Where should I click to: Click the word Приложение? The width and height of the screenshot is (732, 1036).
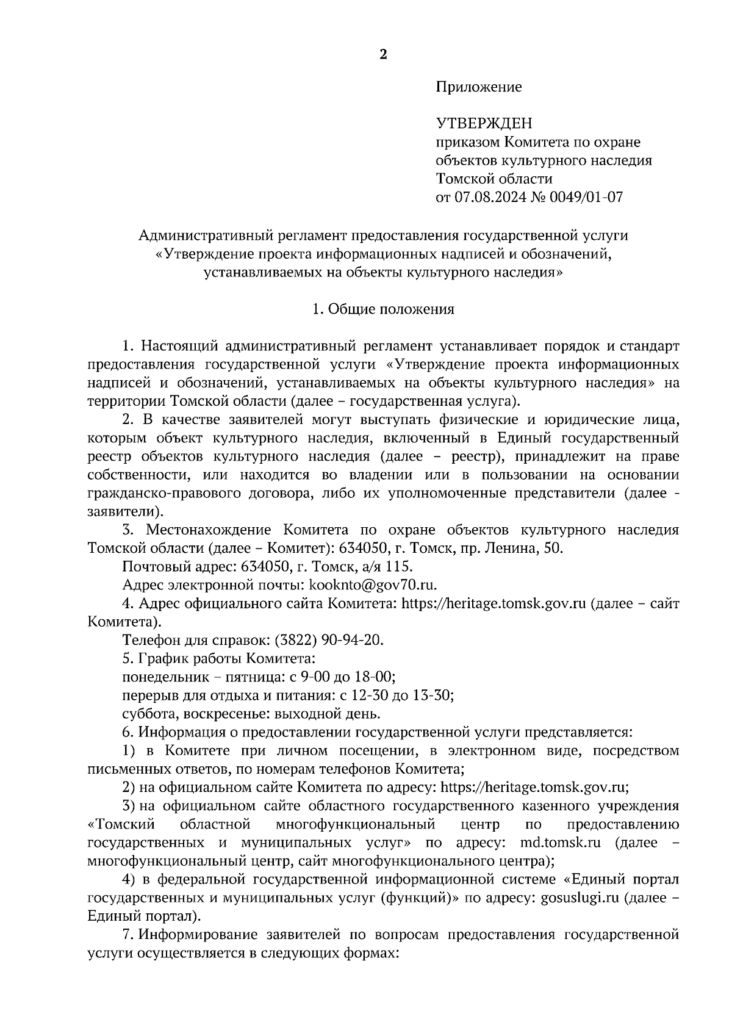pyautogui.click(x=478, y=87)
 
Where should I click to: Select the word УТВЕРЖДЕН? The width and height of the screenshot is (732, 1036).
pyautogui.click(x=484, y=124)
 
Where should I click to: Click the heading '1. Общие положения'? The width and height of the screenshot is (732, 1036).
pyautogui.click(x=383, y=309)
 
